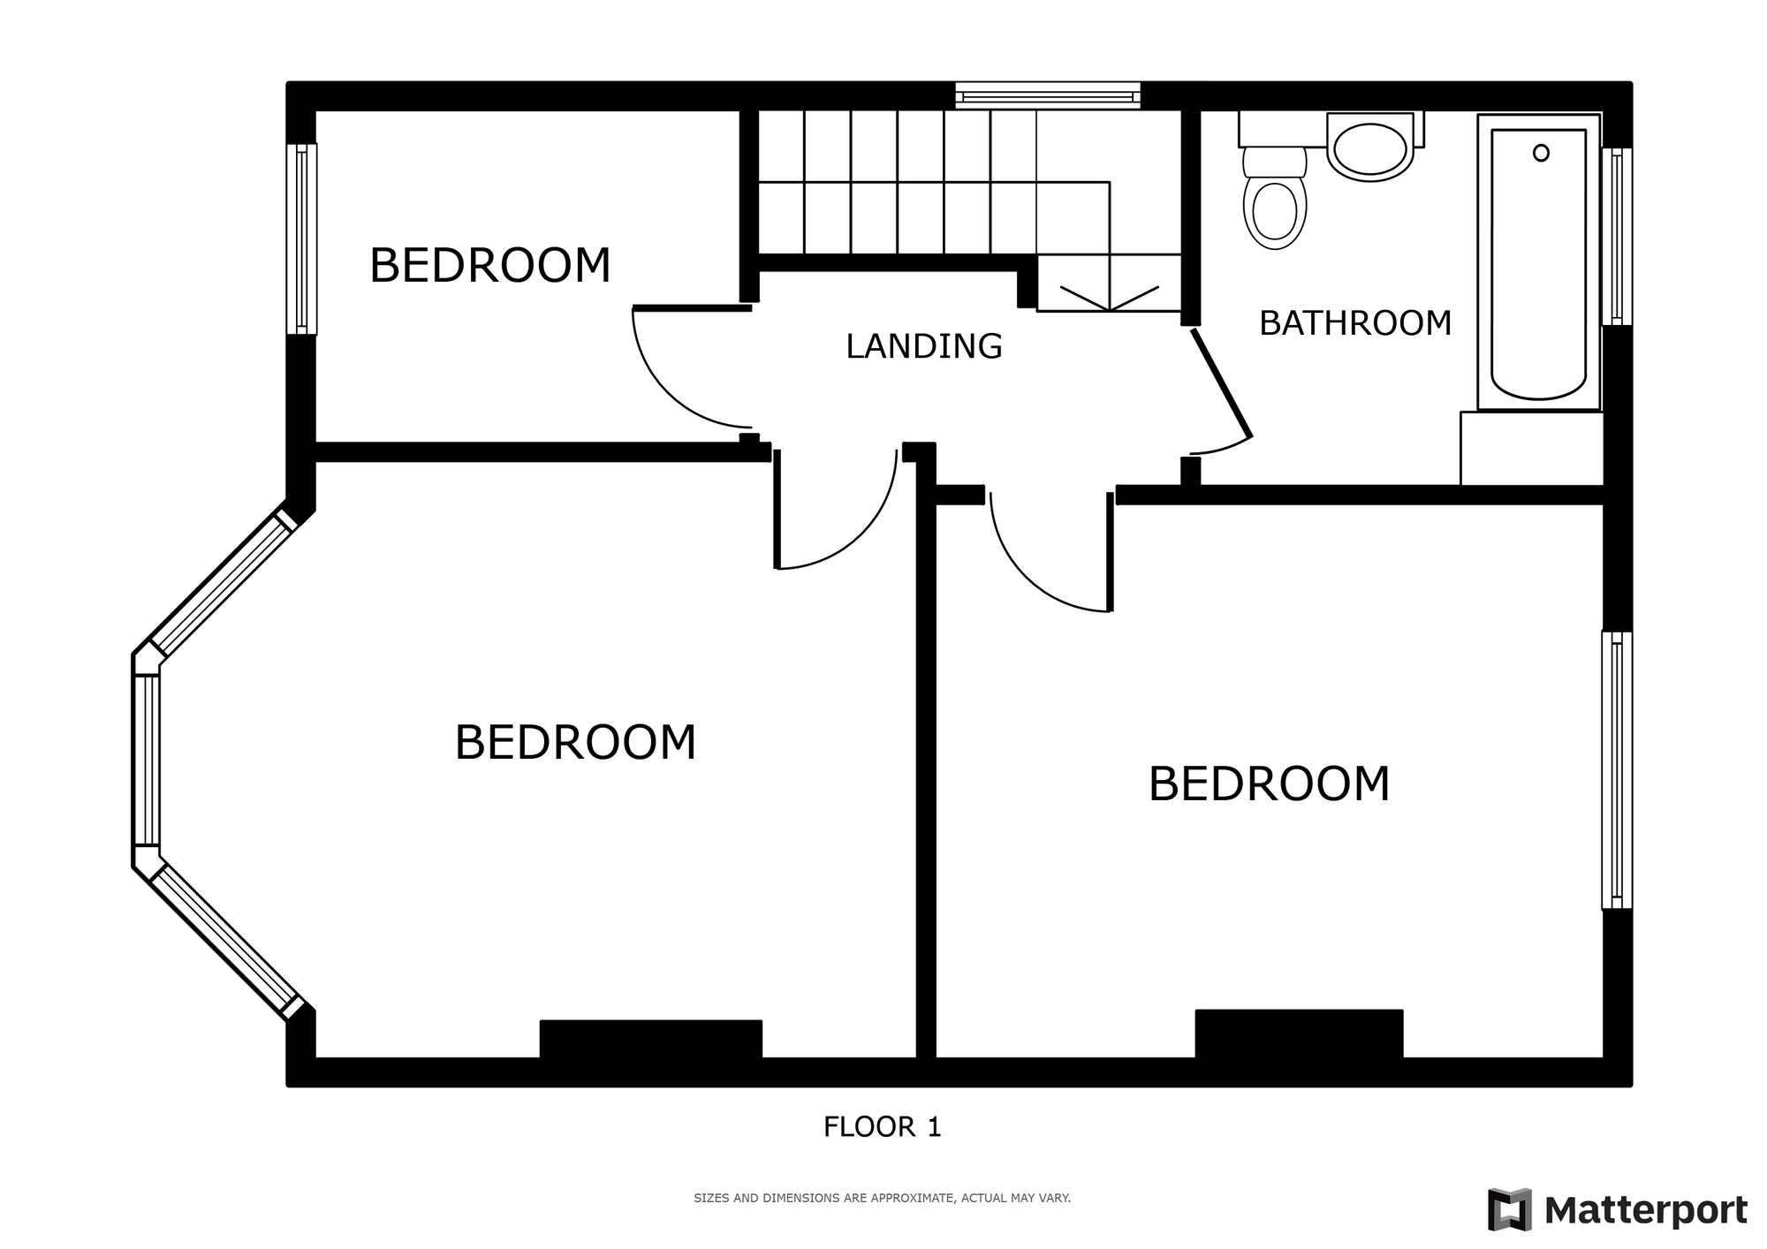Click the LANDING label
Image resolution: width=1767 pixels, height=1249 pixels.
pyautogui.click(x=924, y=346)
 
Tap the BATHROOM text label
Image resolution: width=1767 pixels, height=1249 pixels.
pyautogui.click(x=1355, y=323)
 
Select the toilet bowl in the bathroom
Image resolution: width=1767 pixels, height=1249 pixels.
pyautogui.click(x=1275, y=210)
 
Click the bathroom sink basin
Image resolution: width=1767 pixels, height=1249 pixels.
pyautogui.click(x=1369, y=149)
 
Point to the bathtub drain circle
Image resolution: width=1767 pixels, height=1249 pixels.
pyautogui.click(x=1541, y=153)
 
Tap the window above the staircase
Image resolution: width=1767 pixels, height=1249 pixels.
pyautogui.click(x=1048, y=95)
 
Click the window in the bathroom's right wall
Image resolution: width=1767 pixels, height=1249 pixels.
pyautogui.click(x=1617, y=236)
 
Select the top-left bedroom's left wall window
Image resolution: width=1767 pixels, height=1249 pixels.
pyautogui.click(x=301, y=238)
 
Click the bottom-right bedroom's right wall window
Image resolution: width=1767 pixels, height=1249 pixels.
pyautogui.click(x=1617, y=770)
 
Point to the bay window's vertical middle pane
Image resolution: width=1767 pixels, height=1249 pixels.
pyautogui.click(x=147, y=761)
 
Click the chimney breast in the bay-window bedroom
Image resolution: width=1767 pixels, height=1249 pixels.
pyautogui.click(x=651, y=1039)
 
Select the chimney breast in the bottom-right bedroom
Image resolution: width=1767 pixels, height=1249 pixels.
pyautogui.click(x=1299, y=1033)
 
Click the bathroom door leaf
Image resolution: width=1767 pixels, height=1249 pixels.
pyautogui.click(x=1222, y=383)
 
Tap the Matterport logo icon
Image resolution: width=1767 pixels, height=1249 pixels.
pyautogui.click(x=1509, y=1209)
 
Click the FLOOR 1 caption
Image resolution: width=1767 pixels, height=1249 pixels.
pyautogui.click(x=883, y=1127)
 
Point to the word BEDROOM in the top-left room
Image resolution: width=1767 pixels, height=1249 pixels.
pyautogui.click(x=490, y=266)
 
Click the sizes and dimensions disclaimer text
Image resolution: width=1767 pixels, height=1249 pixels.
pyautogui.click(x=882, y=1199)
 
